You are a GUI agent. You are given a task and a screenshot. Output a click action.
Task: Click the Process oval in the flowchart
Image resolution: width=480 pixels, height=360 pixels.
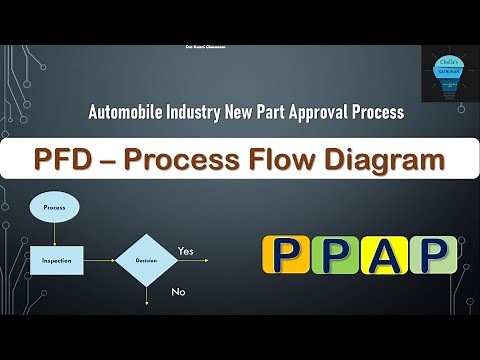(x=54, y=207)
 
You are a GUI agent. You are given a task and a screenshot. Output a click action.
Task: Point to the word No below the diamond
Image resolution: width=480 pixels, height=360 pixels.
(x=179, y=293)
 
